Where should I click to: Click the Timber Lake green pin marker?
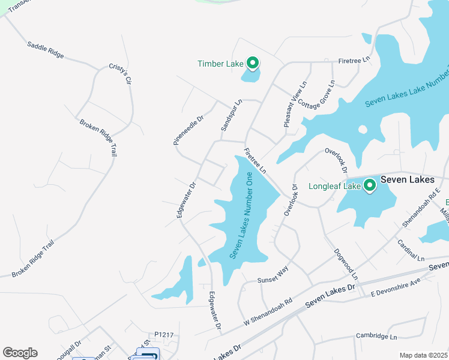click(x=253, y=62)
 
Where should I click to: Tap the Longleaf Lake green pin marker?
click(x=370, y=185)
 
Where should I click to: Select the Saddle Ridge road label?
click(x=46, y=49)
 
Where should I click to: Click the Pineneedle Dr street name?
click(x=188, y=130)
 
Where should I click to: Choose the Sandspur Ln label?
click(x=231, y=115)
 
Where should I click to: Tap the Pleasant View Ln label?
click(x=295, y=103)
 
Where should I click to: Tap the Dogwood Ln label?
click(x=346, y=264)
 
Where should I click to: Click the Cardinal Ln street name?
click(x=411, y=250)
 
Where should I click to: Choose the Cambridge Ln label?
click(x=376, y=336)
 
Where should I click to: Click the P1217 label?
click(x=163, y=335)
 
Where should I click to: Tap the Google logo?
click(x=20, y=353)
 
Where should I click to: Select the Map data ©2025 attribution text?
click(x=423, y=355)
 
